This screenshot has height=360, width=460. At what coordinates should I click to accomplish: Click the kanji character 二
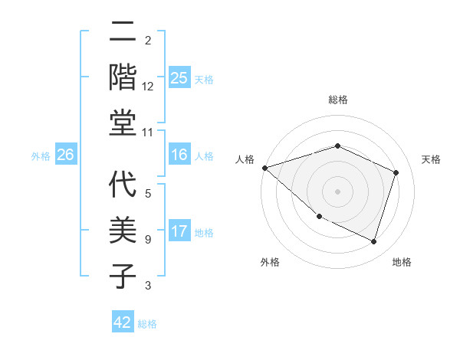click(x=123, y=31)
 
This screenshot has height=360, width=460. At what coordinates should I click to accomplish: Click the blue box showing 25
click(x=179, y=78)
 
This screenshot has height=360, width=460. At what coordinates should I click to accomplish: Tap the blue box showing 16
click(x=179, y=155)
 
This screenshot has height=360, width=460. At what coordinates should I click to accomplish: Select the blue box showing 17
click(x=179, y=232)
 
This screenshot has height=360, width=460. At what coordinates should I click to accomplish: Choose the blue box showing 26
click(x=66, y=155)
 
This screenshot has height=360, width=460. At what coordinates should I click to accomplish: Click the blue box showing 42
click(x=123, y=322)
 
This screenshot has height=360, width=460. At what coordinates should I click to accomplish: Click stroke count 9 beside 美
click(x=148, y=240)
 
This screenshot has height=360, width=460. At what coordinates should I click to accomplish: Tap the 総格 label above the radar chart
click(x=337, y=100)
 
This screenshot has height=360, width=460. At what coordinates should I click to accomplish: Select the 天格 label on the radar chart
click(x=432, y=159)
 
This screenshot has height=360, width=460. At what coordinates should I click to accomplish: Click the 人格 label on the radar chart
click(x=245, y=159)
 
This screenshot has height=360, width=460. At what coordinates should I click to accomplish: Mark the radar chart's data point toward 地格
click(x=374, y=241)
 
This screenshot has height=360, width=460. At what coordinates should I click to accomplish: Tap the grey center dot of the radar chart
click(x=337, y=191)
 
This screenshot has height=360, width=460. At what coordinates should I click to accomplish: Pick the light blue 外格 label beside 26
click(x=41, y=156)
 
